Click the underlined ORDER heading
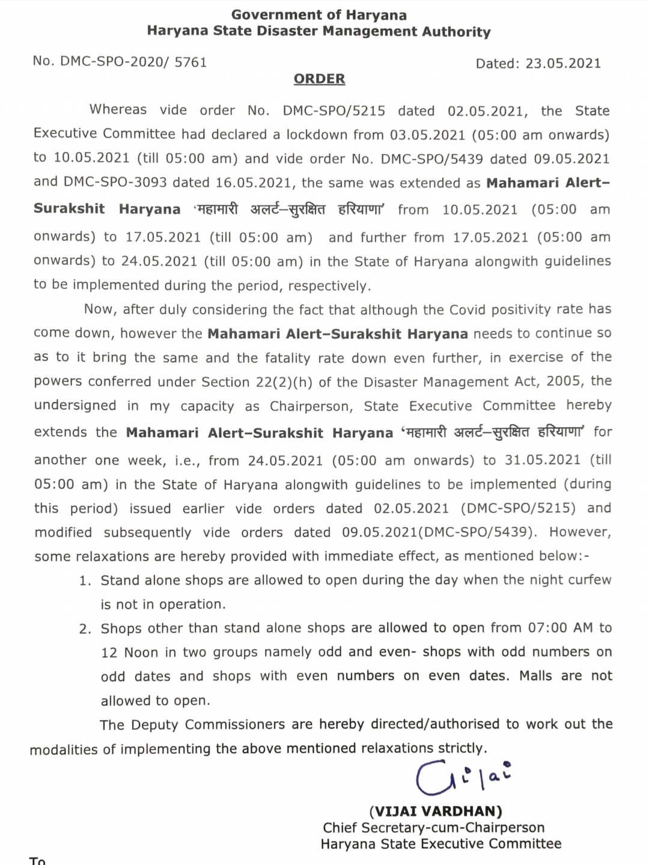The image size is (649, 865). pyautogui.click(x=319, y=79)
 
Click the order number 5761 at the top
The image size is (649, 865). pyautogui.click(x=190, y=61)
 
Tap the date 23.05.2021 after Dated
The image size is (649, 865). pyautogui.click(x=563, y=64)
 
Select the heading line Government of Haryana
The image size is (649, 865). pyautogui.click(x=318, y=14)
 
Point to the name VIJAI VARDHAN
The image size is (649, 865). pyautogui.click(x=436, y=811)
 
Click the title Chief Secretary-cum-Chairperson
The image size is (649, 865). pyautogui.click(x=433, y=828)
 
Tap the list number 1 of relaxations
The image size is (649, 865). pyautogui.click(x=85, y=581)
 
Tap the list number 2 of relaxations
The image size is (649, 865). pyautogui.click(x=85, y=629)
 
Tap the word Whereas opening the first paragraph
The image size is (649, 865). pyautogui.click(x=118, y=109)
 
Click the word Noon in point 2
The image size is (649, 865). pyautogui.click(x=141, y=652)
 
